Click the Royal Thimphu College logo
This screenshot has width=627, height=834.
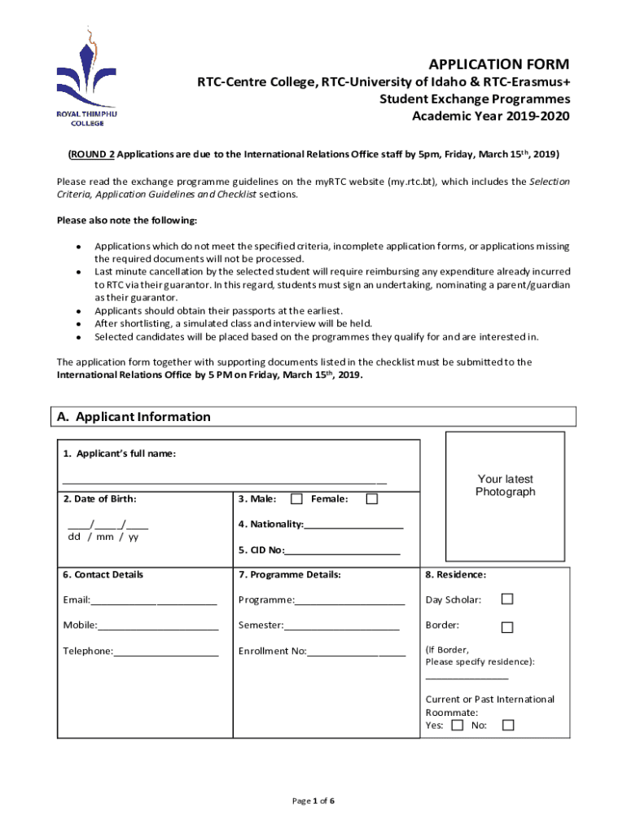86,77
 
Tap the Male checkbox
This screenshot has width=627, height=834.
296,498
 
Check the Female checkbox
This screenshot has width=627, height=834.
372,498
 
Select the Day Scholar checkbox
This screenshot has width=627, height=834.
507,599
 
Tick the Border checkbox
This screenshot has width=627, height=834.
507,626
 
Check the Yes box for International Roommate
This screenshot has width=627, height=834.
458,725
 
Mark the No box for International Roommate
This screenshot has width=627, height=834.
508,725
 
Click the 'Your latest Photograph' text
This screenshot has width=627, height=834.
505,485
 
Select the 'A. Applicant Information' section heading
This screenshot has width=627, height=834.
134,417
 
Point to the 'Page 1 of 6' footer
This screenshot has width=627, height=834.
313,801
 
